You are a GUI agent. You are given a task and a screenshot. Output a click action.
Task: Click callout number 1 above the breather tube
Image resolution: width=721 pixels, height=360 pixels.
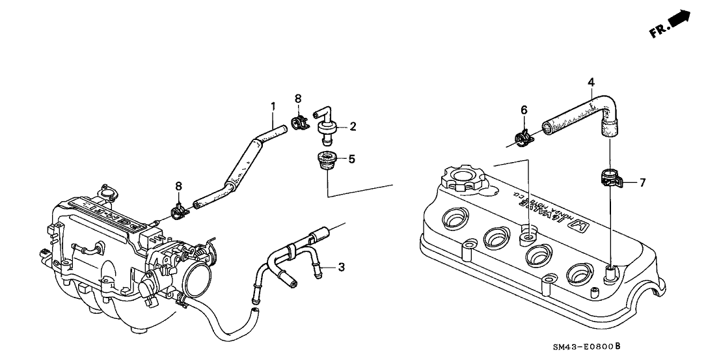(273, 105)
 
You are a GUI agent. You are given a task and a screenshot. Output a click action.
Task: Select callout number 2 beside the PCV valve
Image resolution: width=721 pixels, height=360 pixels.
(352, 126)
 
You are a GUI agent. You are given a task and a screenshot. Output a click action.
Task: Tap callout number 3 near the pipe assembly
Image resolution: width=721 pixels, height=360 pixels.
(340, 267)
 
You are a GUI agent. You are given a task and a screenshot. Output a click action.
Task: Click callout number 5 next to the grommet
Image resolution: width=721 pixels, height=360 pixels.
(352, 158)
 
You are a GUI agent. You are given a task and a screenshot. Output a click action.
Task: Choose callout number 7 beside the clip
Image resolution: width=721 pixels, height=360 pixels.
(642, 183)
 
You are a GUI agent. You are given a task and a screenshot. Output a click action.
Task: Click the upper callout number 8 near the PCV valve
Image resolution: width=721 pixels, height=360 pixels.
(298, 98)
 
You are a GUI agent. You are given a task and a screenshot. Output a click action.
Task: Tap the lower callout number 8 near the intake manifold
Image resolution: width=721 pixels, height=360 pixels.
(179, 187)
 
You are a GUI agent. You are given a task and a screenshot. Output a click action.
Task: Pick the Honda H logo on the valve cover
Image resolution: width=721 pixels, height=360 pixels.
(578, 227)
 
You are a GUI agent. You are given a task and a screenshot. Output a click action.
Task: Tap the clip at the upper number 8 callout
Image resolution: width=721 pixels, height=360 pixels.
(299, 122)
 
